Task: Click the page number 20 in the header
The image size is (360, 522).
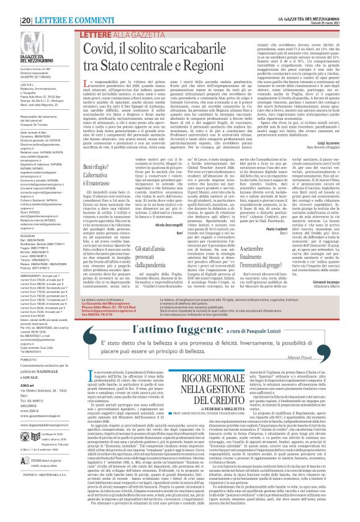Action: [x=9, y=6]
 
